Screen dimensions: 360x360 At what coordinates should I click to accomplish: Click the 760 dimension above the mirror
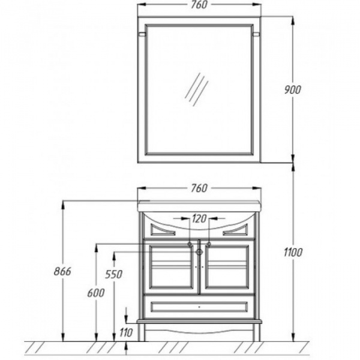pyautogui.click(x=199, y=5)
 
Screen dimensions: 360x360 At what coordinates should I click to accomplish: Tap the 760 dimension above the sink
pyautogui.click(x=199, y=188)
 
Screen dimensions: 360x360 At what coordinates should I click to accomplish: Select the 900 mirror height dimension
pyautogui.click(x=293, y=90)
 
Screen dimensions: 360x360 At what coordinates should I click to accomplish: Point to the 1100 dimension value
pyautogui.click(x=293, y=253)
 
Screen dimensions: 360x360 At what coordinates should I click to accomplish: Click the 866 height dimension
pyautogui.click(x=62, y=271)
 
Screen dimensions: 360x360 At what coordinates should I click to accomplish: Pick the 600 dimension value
pyautogui.click(x=96, y=293)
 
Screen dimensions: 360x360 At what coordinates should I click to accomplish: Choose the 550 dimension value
pyautogui.click(x=113, y=274)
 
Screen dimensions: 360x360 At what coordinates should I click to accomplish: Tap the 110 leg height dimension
pyautogui.click(x=126, y=332)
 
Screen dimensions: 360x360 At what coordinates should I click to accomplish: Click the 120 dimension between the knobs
pyautogui.click(x=199, y=218)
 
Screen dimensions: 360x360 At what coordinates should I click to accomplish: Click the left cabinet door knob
pyautogui.click(x=190, y=244)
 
